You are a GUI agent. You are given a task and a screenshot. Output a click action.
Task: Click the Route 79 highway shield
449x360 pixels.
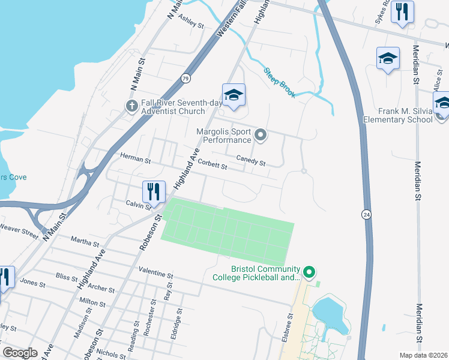click(x=186, y=78)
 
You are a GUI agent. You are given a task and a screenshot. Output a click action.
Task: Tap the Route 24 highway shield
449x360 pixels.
click(x=365, y=214)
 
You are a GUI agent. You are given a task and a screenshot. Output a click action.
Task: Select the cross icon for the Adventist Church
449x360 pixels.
click(x=132, y=106)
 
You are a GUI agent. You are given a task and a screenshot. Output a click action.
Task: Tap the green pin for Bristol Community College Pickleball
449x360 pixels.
click(x=309, y=272)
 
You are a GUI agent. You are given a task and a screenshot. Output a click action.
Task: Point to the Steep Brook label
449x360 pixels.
click(x=280, y=83)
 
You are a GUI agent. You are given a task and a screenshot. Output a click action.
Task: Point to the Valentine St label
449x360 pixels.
click(x=155, y=272)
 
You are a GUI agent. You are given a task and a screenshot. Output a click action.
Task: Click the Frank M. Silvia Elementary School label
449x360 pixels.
click(x=397, y=115)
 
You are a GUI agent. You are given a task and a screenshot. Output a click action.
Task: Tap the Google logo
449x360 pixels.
click(x=20, y=353)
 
